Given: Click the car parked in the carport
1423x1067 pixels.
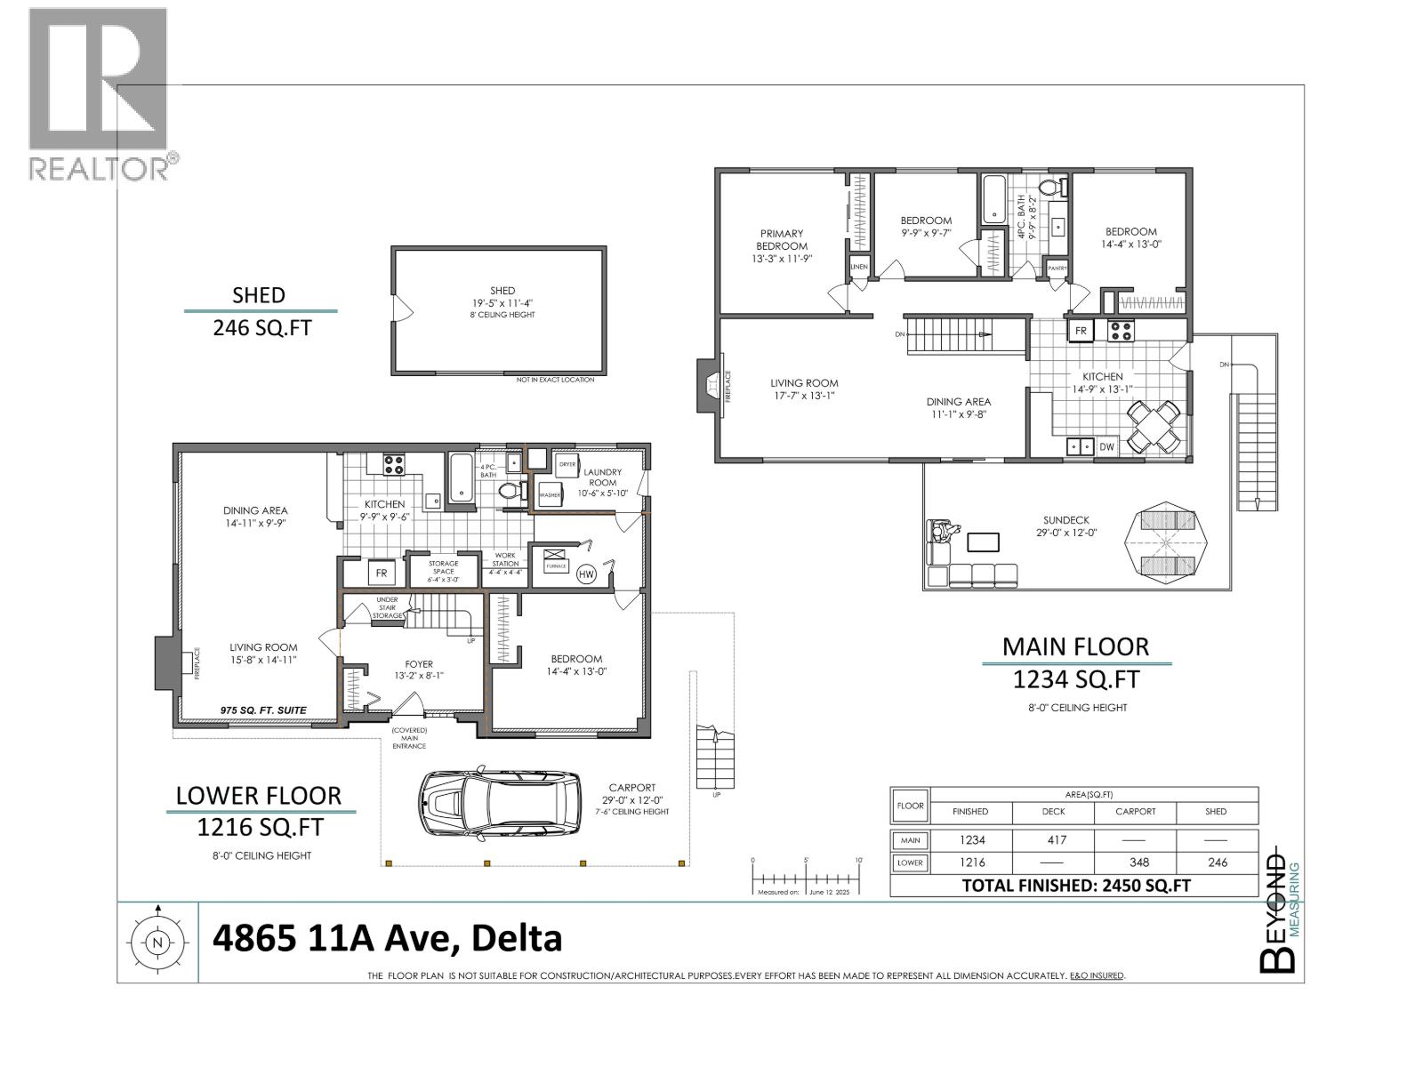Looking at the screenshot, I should pyautogui.click(x=501, y=805).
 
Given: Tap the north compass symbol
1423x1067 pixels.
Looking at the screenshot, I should pyautogui.click(x=158, y=943).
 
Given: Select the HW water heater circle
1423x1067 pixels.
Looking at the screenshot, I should pyautogui.click(x=587, y=574).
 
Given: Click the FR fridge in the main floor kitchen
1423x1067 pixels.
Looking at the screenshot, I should pyautogui.click(x=1081, y=330).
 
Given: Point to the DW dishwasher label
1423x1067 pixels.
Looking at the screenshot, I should pyautogui.click(x=1106, y=447).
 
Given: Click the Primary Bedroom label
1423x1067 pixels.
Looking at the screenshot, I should pyautogui.click(x=782, y=240).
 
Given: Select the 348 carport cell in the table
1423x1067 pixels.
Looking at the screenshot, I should pyautogui.click(x=1136, y=862).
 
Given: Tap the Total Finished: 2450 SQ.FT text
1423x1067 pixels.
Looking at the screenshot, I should pyautogui.click(x=1076, y=885).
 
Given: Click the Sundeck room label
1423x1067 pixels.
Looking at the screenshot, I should pyautogui.click(x=1066, y=520).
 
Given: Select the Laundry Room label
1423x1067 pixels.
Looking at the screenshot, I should pyautogui.click(x=602, y=477).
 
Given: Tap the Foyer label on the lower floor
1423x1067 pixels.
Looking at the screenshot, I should pyautogui.click(x=419, y=663).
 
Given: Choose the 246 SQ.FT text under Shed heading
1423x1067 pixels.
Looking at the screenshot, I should pyautogui.click(x=261, y=328).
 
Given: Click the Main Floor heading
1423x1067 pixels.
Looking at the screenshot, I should pyautogui.click(x=1075, y=646).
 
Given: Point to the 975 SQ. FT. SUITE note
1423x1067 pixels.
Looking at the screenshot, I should pyautogui.click(x=263, y=710).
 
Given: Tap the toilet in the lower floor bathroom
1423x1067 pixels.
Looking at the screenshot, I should pyautogui.click(x=509, y=490).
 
